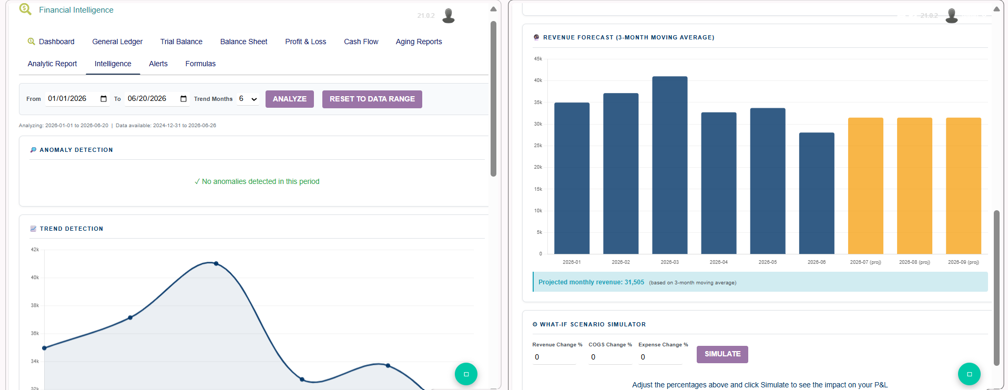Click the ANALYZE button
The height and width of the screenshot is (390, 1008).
click(289, 99)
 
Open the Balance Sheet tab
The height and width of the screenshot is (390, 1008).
click(243, 42)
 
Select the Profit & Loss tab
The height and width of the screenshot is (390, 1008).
click(306, 42)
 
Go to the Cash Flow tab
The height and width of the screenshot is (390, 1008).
click(361, 42)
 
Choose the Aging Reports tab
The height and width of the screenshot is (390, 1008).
click(419, 42)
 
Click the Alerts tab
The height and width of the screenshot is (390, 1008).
click(158, 64)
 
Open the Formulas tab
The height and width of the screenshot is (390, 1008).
click(200, 64)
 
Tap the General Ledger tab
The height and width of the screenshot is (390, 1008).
click(117, 42)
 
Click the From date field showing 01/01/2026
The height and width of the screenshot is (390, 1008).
click(77, 99)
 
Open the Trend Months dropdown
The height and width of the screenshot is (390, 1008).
click(248, 99)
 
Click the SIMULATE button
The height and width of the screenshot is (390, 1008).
click(722, 354)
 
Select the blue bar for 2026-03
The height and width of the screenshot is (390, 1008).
click(669, 165)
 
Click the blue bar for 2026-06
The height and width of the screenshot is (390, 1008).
click(817, 193)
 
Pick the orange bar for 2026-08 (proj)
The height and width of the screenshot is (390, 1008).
click(914, 186)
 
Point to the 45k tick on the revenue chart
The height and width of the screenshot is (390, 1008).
click(538, 59)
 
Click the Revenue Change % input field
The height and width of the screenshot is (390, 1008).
click(554, 357)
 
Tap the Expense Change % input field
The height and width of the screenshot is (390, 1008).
click(660, 357)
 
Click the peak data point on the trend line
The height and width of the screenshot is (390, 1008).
click(216, 263)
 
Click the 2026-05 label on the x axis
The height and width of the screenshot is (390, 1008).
click(768, 262)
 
